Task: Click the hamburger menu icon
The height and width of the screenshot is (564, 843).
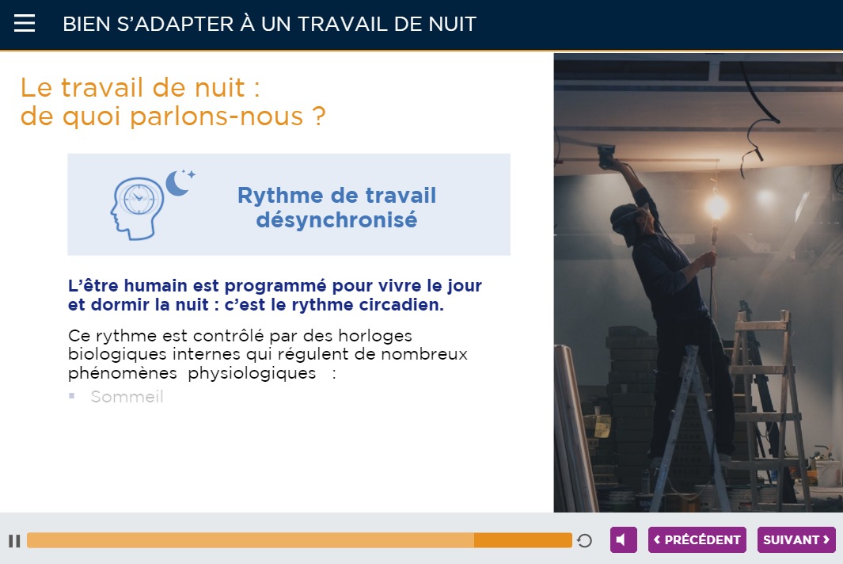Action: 25,23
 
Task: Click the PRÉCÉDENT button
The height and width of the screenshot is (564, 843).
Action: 697,539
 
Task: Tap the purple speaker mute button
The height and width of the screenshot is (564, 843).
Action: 623,539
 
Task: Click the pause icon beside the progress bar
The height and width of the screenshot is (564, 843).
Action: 14,541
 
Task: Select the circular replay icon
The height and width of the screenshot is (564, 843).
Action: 584,540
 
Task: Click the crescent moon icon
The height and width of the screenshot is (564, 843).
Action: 177,183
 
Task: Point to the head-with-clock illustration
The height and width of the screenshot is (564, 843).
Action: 137,208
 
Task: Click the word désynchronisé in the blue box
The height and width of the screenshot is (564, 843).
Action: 336,220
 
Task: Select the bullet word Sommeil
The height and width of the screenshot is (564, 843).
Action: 127,397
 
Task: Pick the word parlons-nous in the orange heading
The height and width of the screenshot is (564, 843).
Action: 217,116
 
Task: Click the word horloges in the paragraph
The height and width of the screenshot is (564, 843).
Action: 374,336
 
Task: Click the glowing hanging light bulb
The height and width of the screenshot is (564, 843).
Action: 716,207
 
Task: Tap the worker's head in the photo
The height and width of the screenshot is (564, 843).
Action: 630,221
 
